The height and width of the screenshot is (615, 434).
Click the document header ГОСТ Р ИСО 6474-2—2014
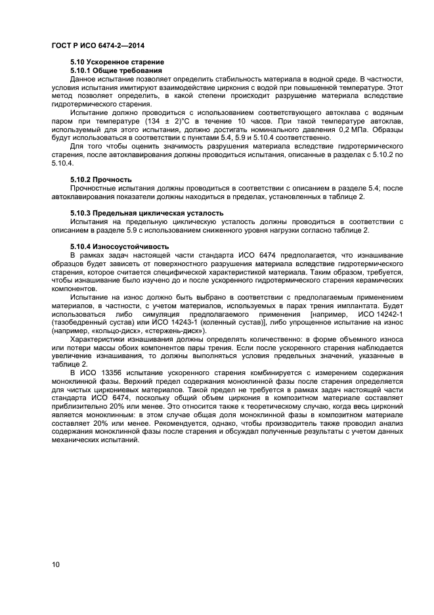97,45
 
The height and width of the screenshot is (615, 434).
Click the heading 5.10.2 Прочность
101,179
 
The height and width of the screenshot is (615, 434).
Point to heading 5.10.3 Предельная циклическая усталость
147,213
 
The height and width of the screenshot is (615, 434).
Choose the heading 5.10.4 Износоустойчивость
119,246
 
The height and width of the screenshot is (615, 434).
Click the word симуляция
160,314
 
